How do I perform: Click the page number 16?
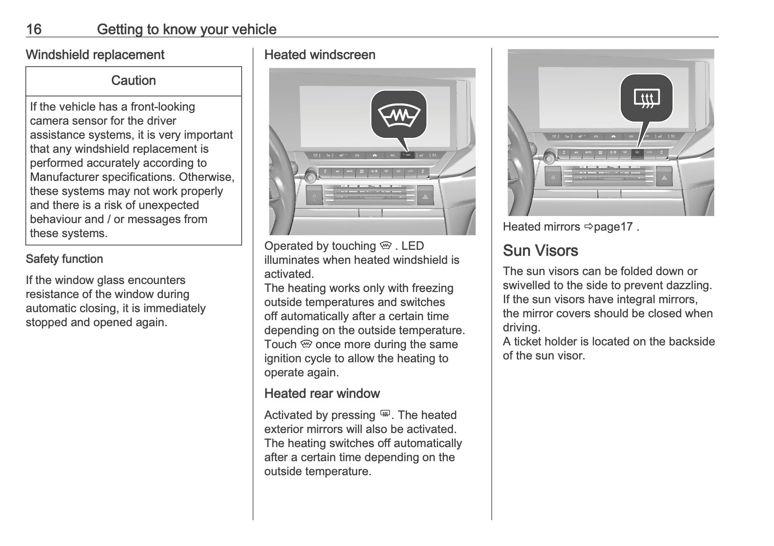pyautogui.click(x=34, y=30)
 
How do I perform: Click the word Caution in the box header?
pyautogui.click(x=133, y=81)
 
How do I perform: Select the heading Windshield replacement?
pyautogui.click(x=95, y=55)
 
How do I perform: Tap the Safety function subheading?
pyautogui.click(x=64, y=259)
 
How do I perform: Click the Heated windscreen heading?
pyautogui.click(x=320, y=55)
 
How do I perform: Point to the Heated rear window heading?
pyautogui.click(x=322, y=394)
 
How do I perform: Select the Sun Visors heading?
pyautogui.click(x=540, y=251)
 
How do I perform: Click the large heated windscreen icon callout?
pyautogui.click(x=399, y=115)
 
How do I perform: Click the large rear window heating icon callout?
pyautogui.click(x=647, y=98)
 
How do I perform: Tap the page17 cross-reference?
pyautogui.click(x=613, y=227)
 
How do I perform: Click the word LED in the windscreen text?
pyautogui.click(x=413, y=246)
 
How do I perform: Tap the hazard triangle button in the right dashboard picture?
pyautogui.click(x=664, y=178)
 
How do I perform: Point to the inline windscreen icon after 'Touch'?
pyautogui.click(x=307, y=344)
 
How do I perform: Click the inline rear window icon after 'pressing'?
pyautogui.click(x=385, y=414)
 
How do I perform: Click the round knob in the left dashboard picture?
pyautogui.click(x=310, y=177)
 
